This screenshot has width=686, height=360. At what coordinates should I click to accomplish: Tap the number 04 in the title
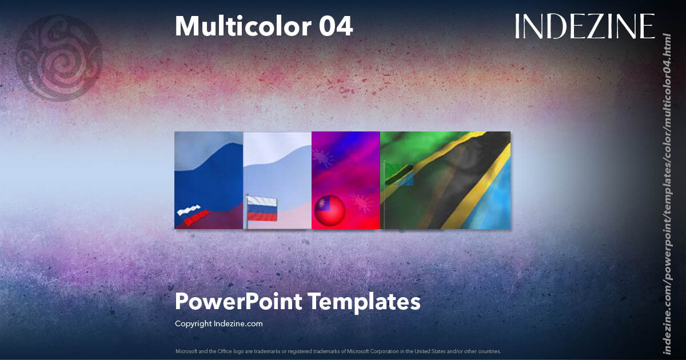pyautogui.click(x=336, y=26)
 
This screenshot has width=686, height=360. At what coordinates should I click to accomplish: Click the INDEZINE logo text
pyautogui.click(x=584, y=26)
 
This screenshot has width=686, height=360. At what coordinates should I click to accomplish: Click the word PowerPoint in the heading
pyautogui.click(x=238, y=301)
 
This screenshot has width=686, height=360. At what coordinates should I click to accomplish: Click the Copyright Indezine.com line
pyautogui.click(x=219, y=323)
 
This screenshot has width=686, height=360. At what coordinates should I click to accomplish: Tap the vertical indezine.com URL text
pyautogui.click(x=666, y=193)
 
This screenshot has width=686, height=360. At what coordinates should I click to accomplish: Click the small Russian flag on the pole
pyautogui.click(x=262, y=209)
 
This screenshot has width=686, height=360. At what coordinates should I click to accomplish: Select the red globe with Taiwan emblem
pyautogui.click(x=330, y=211)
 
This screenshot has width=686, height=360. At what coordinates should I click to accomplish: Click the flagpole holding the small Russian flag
pyautogui.click(x=246, y=217)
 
